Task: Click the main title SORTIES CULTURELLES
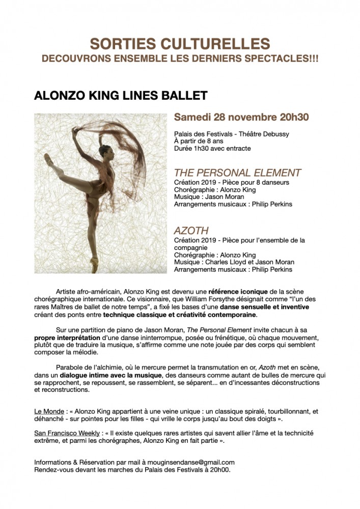[180, 44]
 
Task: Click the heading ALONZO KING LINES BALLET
[121, 96]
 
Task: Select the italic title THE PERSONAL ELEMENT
[237, 173]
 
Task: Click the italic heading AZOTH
[191, 231]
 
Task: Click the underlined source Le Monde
[48, 411]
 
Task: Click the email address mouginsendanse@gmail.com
[191, 462]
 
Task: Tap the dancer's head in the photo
[107, 151]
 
